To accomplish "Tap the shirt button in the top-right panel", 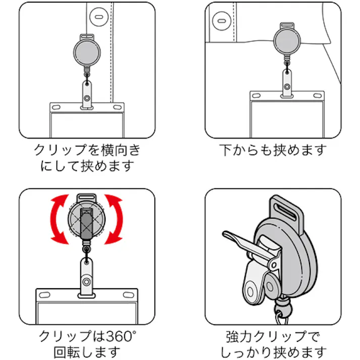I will (220, 22).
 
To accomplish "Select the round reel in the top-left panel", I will (88, 50).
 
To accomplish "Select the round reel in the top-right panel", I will (288, 40).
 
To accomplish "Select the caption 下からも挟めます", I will (273, 150).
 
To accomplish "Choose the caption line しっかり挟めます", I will (273, 351).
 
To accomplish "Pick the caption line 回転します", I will (86, 351).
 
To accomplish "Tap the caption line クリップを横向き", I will (86, 150).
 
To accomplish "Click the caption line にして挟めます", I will (86, 166).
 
